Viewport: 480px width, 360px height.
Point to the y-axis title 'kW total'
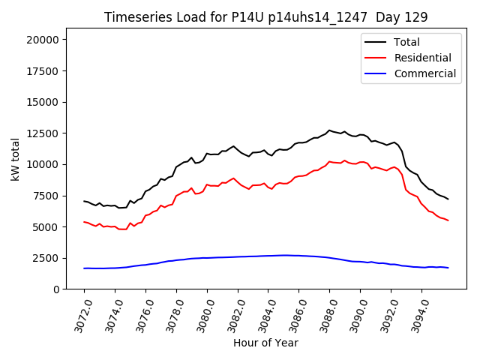click(x=15, y=160)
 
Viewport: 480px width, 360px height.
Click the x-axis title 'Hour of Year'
click(x=265, y=343)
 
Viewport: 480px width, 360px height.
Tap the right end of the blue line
click(x=448, y=268)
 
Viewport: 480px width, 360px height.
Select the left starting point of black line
click(x=84, y=201)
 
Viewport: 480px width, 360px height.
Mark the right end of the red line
click(x=448, y=220)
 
